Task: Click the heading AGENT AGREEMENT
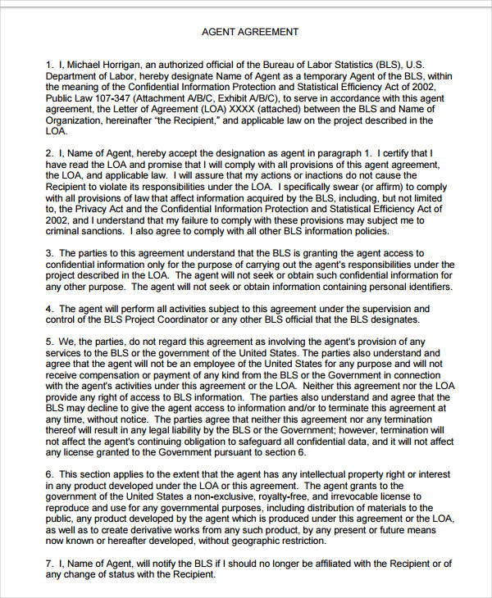tap(250, 32)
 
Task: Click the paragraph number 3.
tap(50, 254)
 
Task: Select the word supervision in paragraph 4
tap(369, 309)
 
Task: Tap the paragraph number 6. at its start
tap(50, 474)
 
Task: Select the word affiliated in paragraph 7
tap(319, 563)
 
